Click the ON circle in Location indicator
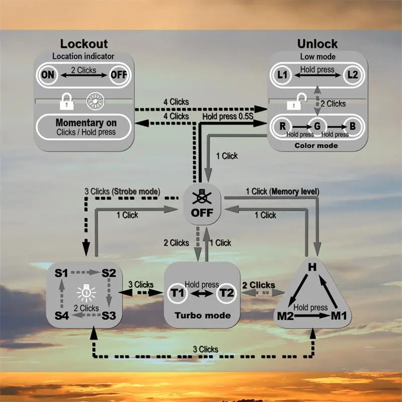coord(48,76)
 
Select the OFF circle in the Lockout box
coord(119,76)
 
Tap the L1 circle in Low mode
coord(283,75)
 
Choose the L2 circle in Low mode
coord(352,75)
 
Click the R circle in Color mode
coord(283,125)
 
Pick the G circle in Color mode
coord(318,125)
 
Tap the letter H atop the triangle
coord(312,267)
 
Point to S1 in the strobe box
coord(61,273)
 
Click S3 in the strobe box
coord(109,316)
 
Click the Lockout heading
coord(84,44)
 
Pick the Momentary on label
coord(86,123)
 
